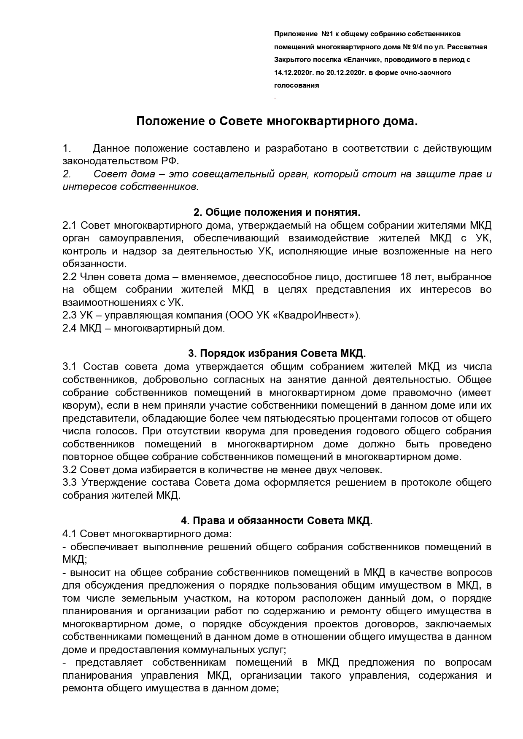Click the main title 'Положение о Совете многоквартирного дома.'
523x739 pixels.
277,122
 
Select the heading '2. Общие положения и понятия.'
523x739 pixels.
277,212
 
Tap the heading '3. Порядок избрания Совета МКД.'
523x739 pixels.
277,353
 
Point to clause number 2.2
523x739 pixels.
70,277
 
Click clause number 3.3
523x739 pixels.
70,482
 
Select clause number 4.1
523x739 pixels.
70,534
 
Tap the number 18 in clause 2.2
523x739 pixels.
404,277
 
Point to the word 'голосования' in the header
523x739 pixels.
297,85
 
